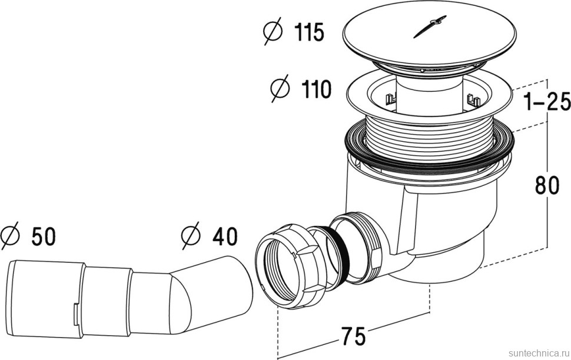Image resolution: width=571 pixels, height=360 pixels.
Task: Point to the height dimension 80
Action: pyautogui.click(x=547, y=186)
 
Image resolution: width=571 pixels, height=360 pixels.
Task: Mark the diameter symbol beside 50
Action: pyautogui.click(x=11, y=236)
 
